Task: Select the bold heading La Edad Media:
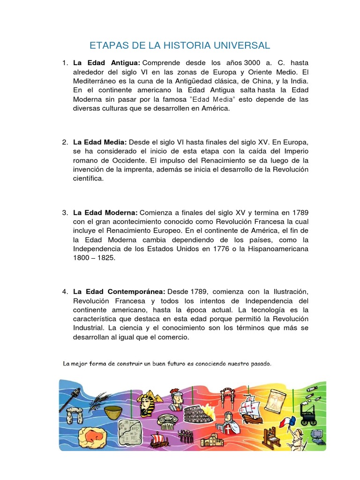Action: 100,142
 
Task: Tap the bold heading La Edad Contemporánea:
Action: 119,292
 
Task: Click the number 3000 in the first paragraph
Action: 249,63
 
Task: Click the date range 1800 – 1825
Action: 94,258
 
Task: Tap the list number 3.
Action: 65,212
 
